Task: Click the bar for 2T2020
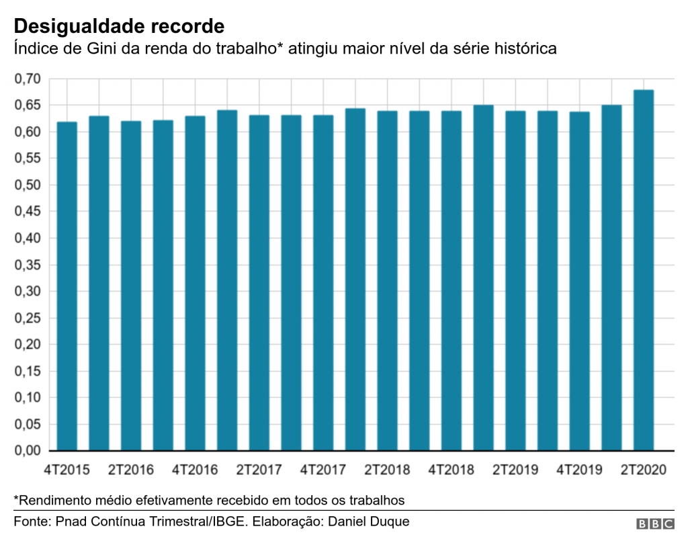click(643, 270)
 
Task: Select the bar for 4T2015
click(67, 286)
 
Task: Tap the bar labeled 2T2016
click(131, 286)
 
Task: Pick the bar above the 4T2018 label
click(451, 281)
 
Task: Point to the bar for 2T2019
click(515, 281)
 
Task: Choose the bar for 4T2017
click(323, 282)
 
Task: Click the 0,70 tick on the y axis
click(28, 79)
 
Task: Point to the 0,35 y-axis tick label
click(28, 265)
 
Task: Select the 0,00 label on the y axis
click(28, 451)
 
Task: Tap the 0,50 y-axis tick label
click(28, 185)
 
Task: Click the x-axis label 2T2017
click(259, 470)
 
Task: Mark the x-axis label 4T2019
click(579, 470)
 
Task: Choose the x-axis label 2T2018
click(387, 470)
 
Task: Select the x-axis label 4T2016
click(195, 470)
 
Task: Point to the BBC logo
click(655, 523)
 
